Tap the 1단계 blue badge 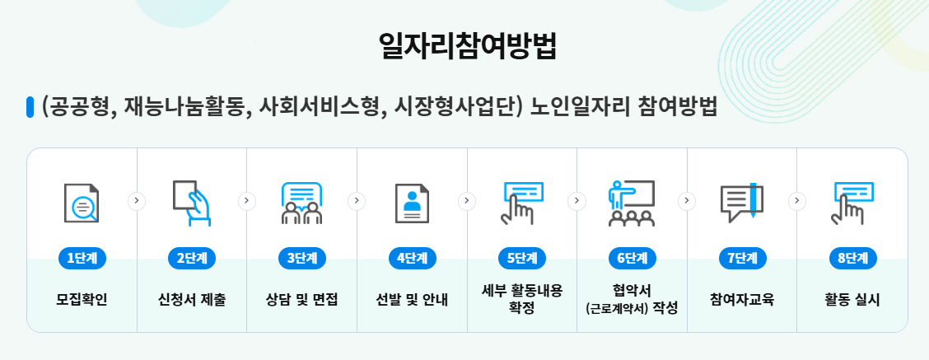82,258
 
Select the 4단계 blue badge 412,258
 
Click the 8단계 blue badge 852,258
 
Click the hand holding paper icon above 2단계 192,202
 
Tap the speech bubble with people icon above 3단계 301,203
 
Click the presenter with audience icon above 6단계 632,203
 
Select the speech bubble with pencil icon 742,203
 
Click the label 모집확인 82,299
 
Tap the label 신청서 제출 192,299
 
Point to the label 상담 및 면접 302,299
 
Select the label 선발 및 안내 412,299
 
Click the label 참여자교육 742,299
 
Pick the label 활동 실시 852,299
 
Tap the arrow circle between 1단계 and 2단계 138,199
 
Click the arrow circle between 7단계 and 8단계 797,199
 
